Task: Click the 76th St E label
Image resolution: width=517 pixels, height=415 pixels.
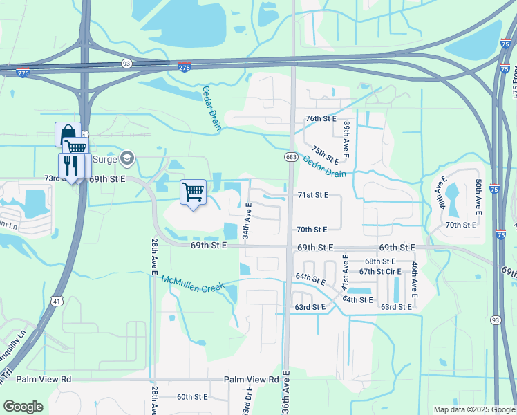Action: (321, 118)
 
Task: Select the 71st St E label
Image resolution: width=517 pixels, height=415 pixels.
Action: (312, 196)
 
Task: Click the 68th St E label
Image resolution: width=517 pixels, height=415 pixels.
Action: (380, 261)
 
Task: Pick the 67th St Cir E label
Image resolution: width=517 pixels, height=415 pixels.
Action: (380, 271)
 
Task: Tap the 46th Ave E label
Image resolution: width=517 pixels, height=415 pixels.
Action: (414, 275)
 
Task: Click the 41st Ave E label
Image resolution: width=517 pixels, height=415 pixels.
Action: (345, 272)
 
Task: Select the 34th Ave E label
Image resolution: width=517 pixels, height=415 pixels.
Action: (247, 217)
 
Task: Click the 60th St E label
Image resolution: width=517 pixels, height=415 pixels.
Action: (192, 397)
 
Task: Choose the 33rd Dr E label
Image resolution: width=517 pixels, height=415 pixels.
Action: (247, 402)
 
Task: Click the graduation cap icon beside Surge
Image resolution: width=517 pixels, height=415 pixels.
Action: (126, 159)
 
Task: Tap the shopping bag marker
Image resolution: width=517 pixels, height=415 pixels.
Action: (68, 133)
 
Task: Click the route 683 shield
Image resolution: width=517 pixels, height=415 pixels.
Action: (290, 158)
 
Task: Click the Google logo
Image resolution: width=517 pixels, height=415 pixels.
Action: (23, 407)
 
